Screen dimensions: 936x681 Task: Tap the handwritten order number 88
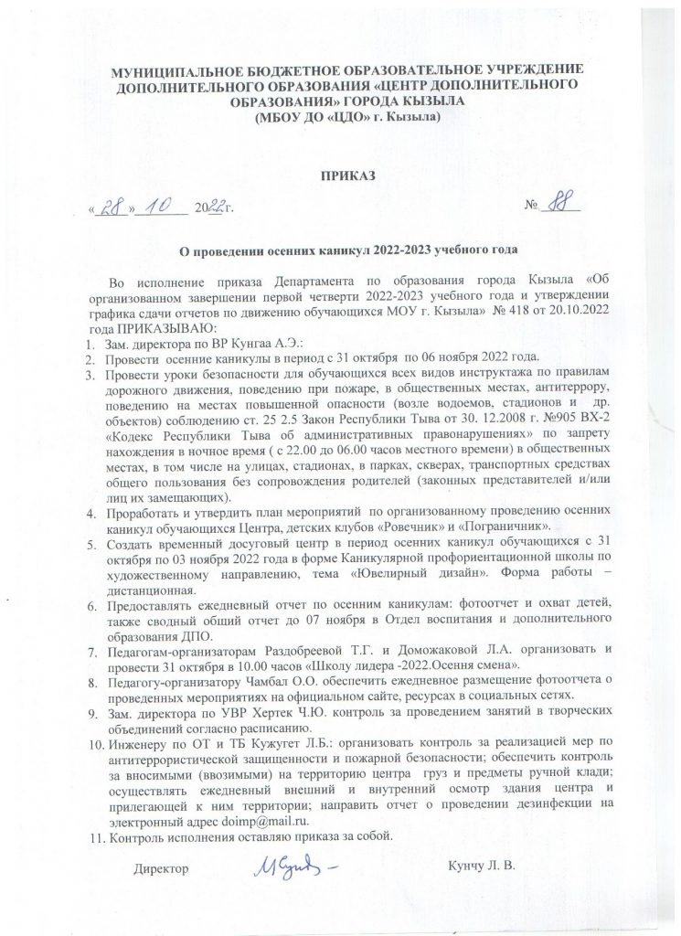pyautogui.click(x=559, y=207)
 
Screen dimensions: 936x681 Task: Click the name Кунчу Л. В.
pyautogui.click(x=484, y=866)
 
